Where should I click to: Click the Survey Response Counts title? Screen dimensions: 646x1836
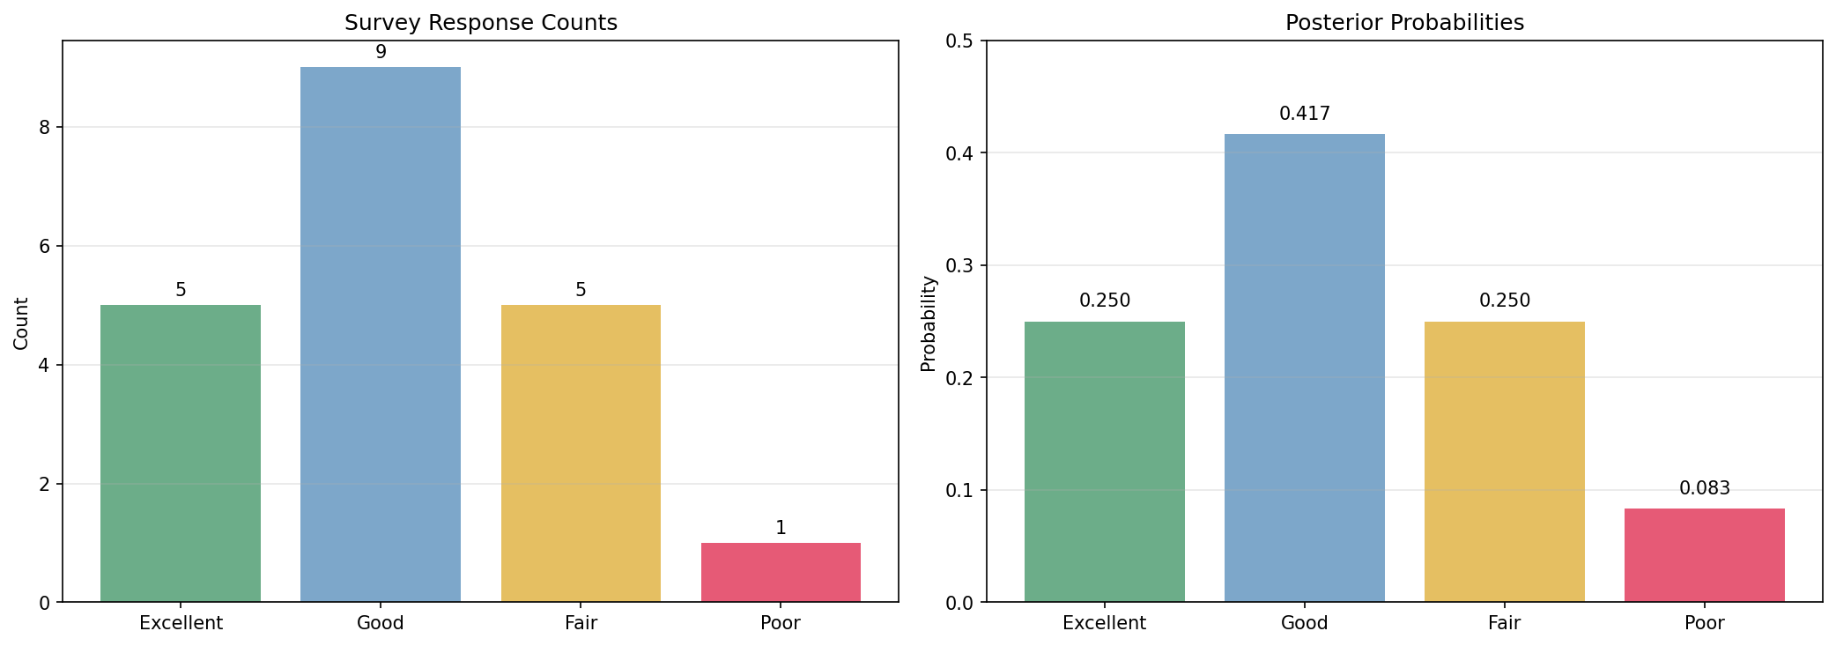[x=480, y=23]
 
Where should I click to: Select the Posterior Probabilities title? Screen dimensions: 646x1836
[x=1404, y=23]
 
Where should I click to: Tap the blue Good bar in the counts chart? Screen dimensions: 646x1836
[x=381, y=335]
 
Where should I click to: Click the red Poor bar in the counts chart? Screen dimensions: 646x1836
[x=781, y=573]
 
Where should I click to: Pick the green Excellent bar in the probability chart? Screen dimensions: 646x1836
[x=1104, y=462]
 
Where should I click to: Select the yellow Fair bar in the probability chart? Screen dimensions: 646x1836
[x=1504, y=462]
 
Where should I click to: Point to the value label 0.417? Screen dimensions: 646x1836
[x=1304, y=114]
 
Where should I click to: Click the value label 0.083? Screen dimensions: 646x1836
[x=1704, y=488]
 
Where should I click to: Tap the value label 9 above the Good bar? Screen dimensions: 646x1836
[x=381, y=52]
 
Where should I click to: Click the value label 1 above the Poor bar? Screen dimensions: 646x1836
[x=781, y=528]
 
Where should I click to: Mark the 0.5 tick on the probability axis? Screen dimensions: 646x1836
[x=961, y=41]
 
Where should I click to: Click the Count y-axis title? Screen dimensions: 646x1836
[x=22, y=323]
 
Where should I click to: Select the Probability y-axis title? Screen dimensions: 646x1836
[x=929, y=323]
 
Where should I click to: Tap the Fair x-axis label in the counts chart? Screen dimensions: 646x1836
[x=581, y=623]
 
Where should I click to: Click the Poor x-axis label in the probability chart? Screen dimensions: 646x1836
[x=1704, y=623]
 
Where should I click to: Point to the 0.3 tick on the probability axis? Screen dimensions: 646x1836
[x=961, y=265]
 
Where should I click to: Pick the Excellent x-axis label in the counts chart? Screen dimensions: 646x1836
[x=181, y=623]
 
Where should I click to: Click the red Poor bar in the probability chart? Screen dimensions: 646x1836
[x=1704, y=555]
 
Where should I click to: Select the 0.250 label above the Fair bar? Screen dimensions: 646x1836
[x=1504, y=301]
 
